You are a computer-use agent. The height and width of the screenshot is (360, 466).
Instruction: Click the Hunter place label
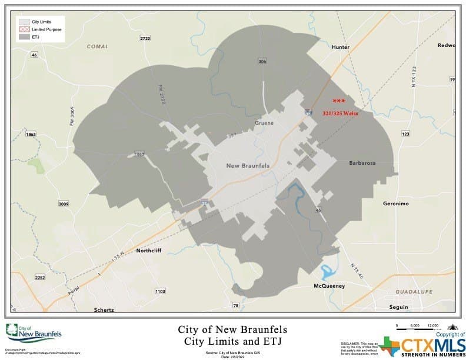[341, 47]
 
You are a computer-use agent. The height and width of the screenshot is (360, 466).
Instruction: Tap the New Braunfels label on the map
[248, 166]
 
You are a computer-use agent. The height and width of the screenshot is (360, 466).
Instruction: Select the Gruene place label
[265, 123]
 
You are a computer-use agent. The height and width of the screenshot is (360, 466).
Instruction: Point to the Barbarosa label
[362, 163]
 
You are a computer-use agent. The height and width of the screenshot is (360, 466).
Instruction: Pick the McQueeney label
[328, 286]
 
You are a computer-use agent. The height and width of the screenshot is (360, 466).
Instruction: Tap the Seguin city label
[398, 307]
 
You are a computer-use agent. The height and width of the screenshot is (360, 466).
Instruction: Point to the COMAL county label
[98, 46]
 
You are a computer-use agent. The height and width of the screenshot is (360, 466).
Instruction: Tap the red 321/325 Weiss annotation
[341, 113]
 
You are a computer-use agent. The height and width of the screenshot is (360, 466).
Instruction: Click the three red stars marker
[338, 101]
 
